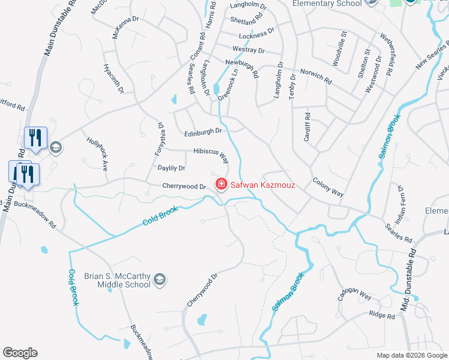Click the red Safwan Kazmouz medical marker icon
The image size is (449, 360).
tap(221, 184)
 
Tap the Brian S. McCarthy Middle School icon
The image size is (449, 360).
tap(159, 278)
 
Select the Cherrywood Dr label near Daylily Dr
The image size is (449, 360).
tap(184, 187)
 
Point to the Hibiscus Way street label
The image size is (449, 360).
tap(211, 155)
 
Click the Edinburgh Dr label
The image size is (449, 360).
tap(203, 131)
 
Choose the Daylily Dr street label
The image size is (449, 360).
tap(171, 169)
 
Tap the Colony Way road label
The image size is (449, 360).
tap(328, 187)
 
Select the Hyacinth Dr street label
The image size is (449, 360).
tap(113, 79)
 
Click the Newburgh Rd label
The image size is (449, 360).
tap(242, 68)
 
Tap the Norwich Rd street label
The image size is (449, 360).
tap(316, 76)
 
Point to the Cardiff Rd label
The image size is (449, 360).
tap(306, 127)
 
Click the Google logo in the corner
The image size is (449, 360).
tap(20, 353)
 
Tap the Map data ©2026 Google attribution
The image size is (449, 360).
tap(412, 355)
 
